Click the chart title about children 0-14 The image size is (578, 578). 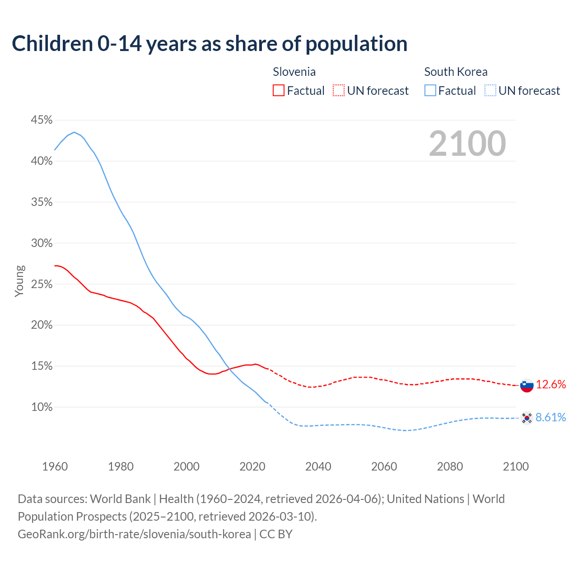[210, 44]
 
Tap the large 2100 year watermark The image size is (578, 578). [467, 144]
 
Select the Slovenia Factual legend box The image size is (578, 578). [279, 91]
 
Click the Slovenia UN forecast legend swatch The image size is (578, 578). [339, 91]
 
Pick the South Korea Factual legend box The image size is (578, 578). [430, 91]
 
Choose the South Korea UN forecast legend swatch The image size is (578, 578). [490, 91]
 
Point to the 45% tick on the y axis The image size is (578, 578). [42, 120]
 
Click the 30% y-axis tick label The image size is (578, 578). [42, 243]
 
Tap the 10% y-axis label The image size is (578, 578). [42, 407]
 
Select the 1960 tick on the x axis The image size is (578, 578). [55, 466]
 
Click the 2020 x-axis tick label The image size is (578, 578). [252, 466]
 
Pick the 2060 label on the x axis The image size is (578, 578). [384, 466]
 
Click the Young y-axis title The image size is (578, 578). [19, 281]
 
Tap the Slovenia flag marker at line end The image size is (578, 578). [527, 386]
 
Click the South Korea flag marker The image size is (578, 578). [527, 418]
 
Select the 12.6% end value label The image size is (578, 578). [551, 385]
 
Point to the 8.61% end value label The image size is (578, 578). [551, 418]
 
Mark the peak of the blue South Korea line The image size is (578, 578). [74, 132]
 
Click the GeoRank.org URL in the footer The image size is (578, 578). [134, 534]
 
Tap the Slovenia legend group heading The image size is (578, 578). [294, 72]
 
